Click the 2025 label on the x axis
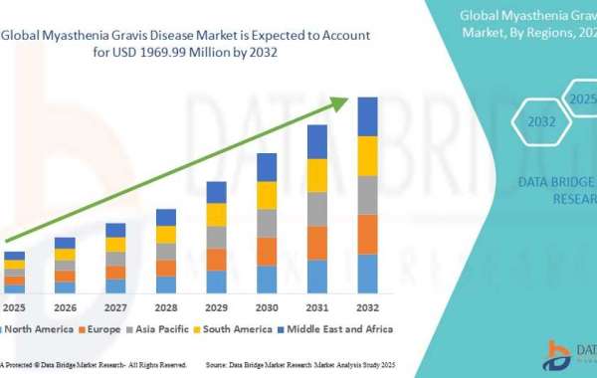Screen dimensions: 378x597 14,307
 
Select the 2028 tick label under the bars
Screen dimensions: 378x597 166,307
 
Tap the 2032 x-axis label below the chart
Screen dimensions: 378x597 367,307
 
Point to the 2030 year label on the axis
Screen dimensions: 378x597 267,307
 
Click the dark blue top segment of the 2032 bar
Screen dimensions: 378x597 367,116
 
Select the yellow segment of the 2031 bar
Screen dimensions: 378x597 317,175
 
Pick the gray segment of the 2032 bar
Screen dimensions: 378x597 367,195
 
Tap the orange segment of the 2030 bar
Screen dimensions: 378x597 267,251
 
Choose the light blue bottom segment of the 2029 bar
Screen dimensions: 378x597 216,282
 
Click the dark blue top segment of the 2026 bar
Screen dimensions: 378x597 65,243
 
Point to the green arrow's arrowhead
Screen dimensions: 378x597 341,100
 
